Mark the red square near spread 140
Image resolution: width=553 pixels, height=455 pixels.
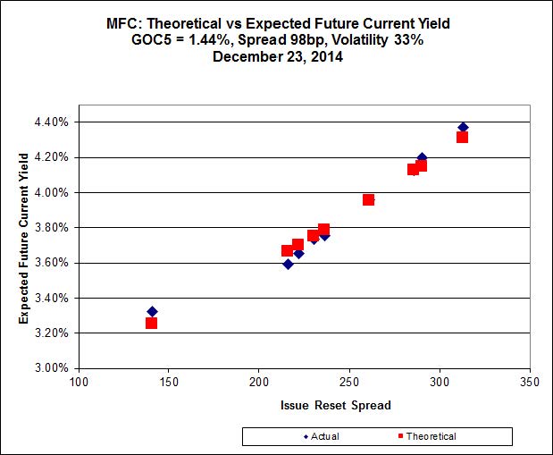point(152,323)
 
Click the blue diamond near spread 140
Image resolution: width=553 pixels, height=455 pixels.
point(152,312)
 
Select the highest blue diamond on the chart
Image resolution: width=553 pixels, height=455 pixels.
point(463,127)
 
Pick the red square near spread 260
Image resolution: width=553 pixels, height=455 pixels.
point(368,199)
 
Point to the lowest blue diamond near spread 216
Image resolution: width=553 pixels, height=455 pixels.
point(288,264)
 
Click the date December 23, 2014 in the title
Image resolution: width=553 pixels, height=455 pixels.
point(276,55)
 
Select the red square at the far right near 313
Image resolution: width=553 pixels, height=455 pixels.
point(462,137)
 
